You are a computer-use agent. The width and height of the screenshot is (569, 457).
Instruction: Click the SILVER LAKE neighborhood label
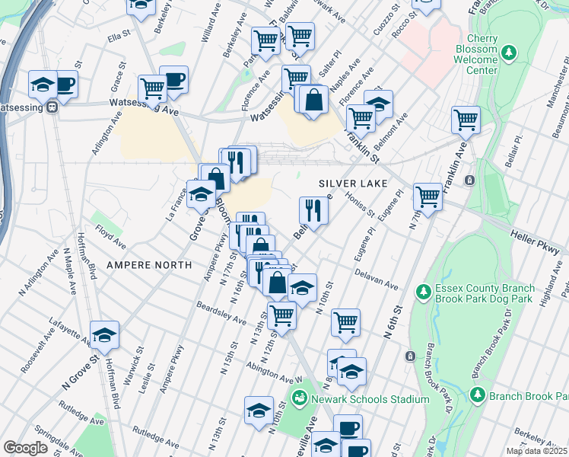[353, 184]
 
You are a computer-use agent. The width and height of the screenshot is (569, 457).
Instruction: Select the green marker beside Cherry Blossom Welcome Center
[510, 54]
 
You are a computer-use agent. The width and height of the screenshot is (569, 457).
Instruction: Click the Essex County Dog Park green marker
[423, 292]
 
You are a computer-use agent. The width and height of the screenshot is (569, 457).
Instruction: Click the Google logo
[25, 448]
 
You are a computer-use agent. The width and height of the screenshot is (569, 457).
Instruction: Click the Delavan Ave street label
[377, 279]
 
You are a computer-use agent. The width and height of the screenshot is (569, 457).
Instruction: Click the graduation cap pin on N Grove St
[105, 334]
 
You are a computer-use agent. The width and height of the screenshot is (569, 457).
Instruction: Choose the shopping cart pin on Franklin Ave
[466, 119]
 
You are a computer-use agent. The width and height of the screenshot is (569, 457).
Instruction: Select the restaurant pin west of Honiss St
[313, 209]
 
